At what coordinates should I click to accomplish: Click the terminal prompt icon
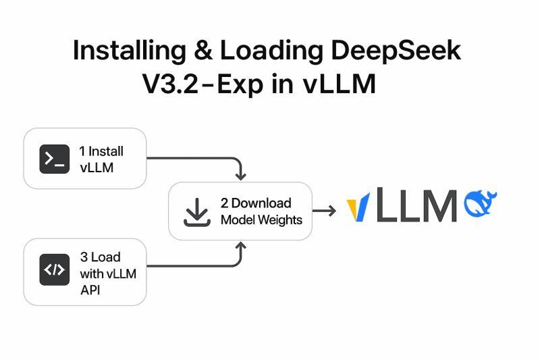pyautogui.click(x=54, y=159)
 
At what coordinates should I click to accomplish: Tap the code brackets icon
pyautogui.click(x=54, y=270)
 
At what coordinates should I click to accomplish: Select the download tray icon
pyautogui.click(x=196, y=212)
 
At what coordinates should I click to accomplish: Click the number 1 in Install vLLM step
pyautogui.click(x=82, y=152)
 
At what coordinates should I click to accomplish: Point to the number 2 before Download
pyautogui.click(x=224, y=203)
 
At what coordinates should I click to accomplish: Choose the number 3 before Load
pyautogui.click(x=84, y=257)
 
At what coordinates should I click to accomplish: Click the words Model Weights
pyautogui.click(x=261, y=220)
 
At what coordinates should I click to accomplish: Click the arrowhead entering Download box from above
pyautogui.click(x=240, y=176)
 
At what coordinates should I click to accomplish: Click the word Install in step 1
pyautogui.click(x=106, y=152)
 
